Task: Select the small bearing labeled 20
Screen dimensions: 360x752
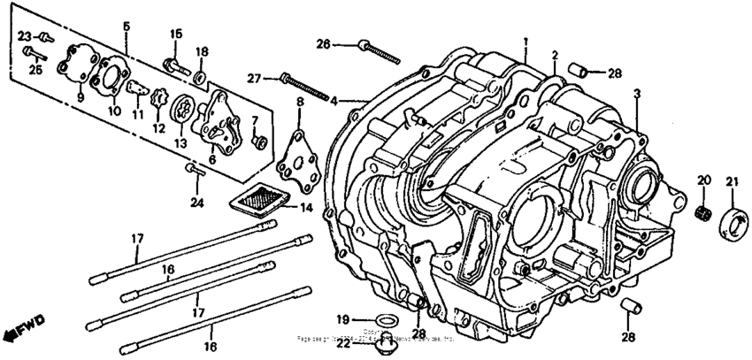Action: [x=704, y=211]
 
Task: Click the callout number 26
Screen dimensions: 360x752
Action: [x=323, y=44]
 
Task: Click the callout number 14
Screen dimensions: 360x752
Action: [x=306, y=209]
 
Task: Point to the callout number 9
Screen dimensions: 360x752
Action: [x=80, y=97]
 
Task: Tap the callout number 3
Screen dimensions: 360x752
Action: [x=636, y=93]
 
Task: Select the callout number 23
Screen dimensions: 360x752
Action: [x=25, y=36]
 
